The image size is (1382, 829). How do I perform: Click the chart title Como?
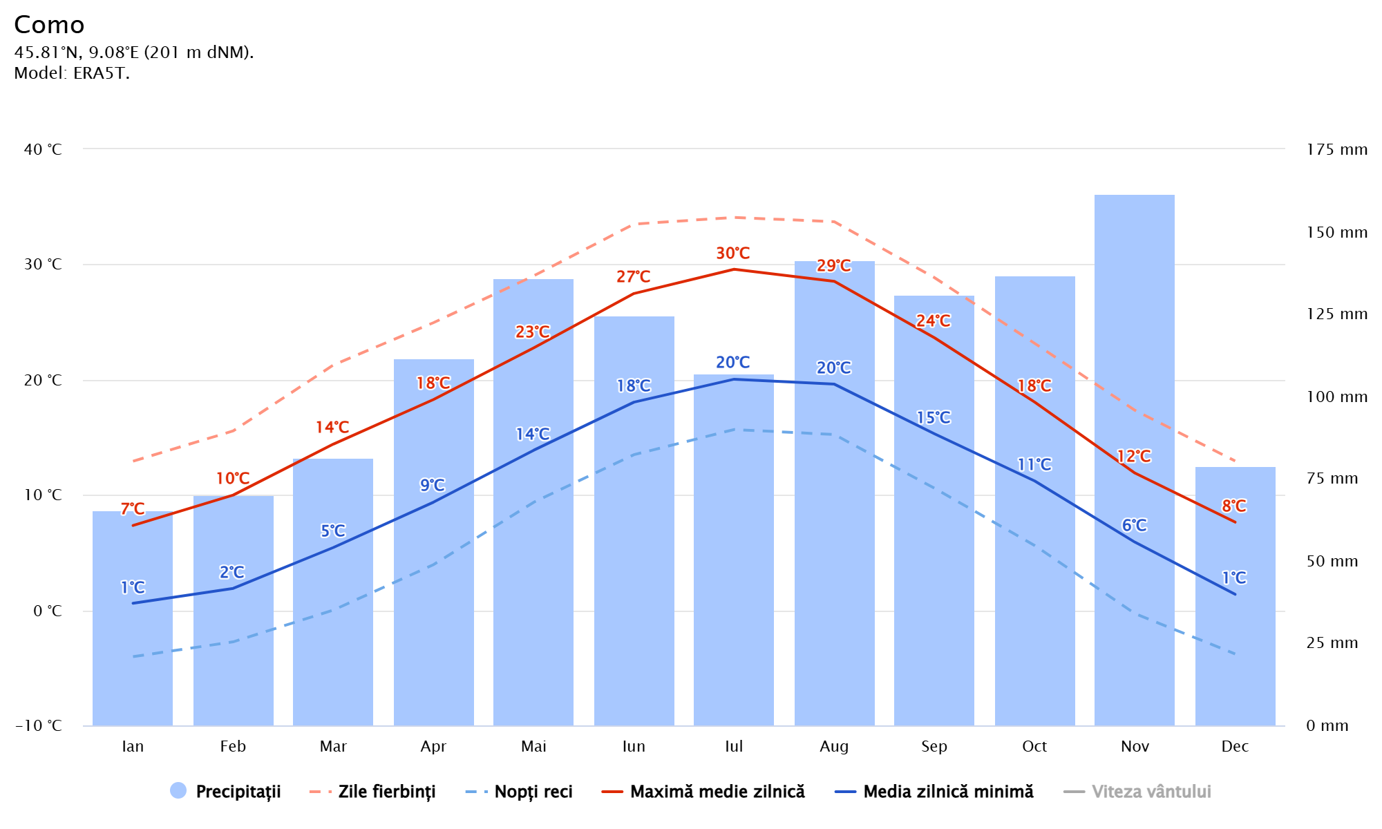(x=49, y=25)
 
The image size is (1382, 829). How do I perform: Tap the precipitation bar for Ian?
(x=133, y=663)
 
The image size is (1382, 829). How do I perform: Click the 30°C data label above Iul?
(x=733, y=254)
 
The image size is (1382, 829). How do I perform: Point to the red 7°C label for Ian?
(x=133, y=509)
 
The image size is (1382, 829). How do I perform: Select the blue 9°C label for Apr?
(x=433, y=485)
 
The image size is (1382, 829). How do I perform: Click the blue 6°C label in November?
(x=1134, y=526)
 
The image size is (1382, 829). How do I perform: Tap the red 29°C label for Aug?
(x=834, y=266)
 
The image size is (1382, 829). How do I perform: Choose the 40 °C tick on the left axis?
(x=43, y=149)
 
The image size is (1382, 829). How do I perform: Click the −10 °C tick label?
(x=39, y=725)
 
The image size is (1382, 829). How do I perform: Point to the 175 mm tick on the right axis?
(x=1336, y=149)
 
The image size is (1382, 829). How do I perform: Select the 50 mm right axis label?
(x=1332, y=561)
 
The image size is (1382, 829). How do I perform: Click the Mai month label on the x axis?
(x=533, y=746)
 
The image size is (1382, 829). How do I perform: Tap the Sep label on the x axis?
(x=934, y=746)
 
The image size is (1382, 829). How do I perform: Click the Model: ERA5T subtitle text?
(x=72, y=73)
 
